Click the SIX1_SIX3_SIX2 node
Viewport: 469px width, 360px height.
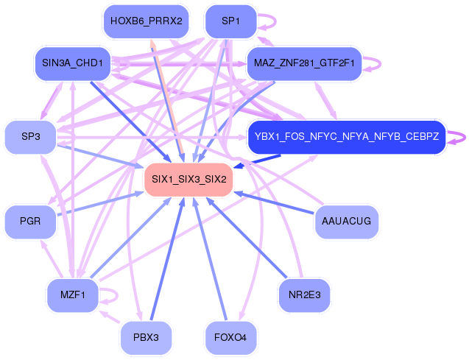click(188, 180)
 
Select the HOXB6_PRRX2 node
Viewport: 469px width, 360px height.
click(147, 21)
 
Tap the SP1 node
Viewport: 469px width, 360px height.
click(230, 21)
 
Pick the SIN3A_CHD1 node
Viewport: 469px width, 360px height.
click(73, 64)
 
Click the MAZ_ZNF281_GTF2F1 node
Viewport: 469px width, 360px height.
click(304, 64)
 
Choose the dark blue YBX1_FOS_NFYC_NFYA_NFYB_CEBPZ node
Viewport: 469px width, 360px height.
click(347, 137)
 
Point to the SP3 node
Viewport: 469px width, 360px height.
click(30, 137)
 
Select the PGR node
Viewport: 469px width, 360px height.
click(30, 222)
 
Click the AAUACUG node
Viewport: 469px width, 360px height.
click(347, 222)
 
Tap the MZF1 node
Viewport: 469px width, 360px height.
click(73, 295)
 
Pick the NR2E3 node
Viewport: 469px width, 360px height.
click(304, 295)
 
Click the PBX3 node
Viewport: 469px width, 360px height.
click(147, 338)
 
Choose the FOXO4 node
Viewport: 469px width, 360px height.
click(230, 338)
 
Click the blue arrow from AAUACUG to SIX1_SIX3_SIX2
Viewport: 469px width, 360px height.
click(275, 203)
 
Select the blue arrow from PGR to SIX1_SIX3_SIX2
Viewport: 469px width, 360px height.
click(100, 204)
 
